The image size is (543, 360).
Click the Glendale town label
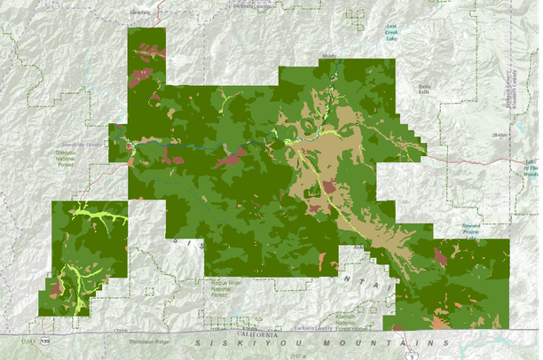point(139,12)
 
